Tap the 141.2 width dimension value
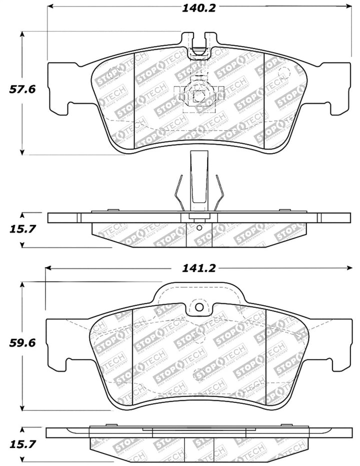point(198,268)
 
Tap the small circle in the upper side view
point(199,228)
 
